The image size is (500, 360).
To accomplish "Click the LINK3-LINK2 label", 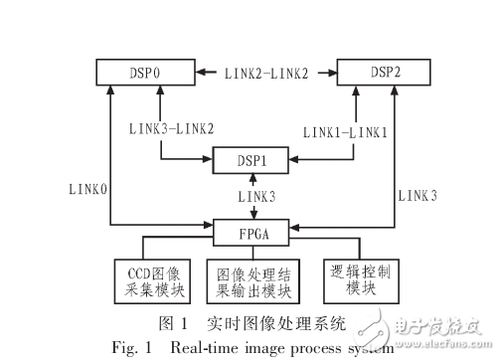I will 172,127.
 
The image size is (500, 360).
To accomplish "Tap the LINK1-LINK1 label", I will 345,127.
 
